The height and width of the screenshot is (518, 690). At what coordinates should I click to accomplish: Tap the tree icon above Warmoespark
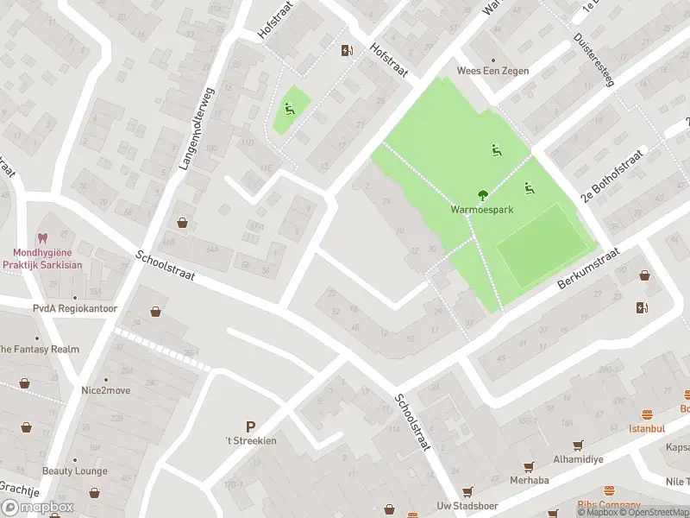(x=482, y=195)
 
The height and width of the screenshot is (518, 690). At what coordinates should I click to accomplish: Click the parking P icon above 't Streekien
(x=251, y=426)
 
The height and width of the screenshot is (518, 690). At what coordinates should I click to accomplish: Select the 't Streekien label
(x=251, y=440)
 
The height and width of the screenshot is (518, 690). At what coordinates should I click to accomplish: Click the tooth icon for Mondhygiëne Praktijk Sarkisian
(x=41, y=237)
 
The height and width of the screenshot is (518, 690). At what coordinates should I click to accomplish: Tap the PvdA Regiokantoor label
(x=75, y=308)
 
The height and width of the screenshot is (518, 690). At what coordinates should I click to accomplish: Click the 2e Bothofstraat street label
(x=612, y=174)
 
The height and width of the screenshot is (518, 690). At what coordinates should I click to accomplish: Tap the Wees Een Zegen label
(x=492, y=71)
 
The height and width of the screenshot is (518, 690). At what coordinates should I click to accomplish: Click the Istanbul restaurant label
(x=646, y=428)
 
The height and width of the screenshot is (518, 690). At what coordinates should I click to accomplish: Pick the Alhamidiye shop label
(x=578, y=459)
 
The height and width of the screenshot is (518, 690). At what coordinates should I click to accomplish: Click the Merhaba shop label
(x=529, y=480)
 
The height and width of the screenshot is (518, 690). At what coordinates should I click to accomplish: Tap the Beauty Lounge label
(x=75, y=471)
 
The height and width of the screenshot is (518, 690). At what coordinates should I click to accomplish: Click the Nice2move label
(x=106, y=390)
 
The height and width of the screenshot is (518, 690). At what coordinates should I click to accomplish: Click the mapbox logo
(x=38, y=507)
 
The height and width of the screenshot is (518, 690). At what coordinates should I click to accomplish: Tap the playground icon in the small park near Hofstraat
(x=289, y=109)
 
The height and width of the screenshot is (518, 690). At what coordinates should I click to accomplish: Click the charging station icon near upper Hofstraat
(x=347, y=50)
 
